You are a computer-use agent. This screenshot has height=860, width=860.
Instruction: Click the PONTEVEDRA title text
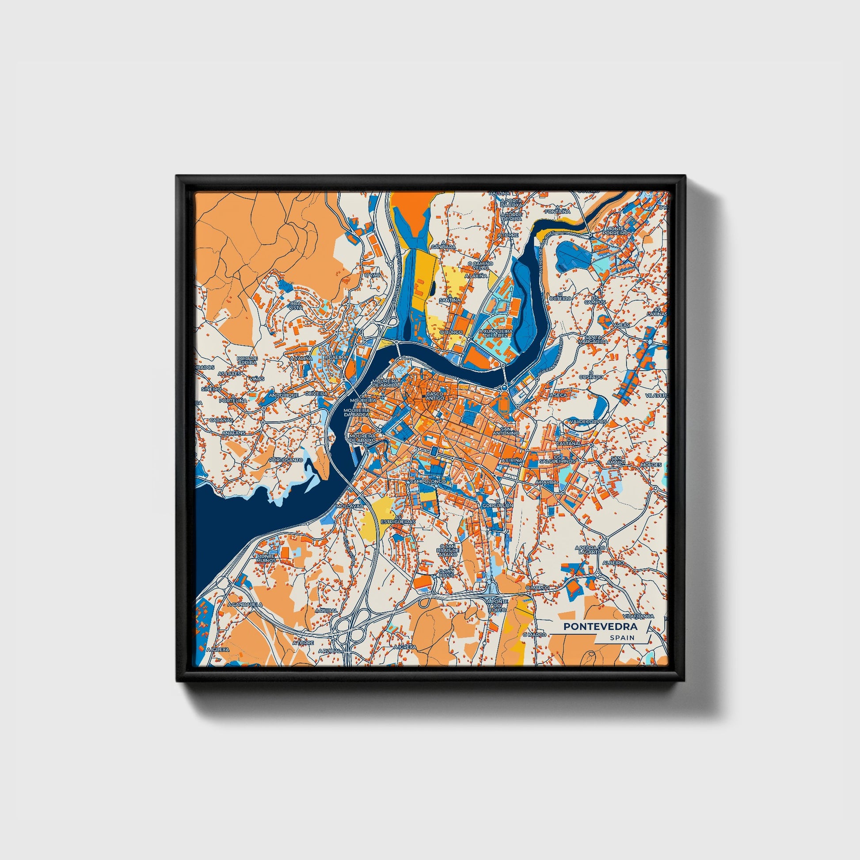[600, 626]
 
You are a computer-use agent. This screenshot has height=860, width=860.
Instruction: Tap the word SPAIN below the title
[622, 638]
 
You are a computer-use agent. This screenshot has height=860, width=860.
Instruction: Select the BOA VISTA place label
[295, 305]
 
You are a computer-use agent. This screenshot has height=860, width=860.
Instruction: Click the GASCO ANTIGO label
[434, 396]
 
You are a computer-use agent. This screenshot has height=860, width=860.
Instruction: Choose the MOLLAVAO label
[350, 506]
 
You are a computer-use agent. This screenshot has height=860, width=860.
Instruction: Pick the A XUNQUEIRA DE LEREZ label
[496, 333]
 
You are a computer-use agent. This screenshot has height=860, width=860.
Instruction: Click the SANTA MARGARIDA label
[597, 339]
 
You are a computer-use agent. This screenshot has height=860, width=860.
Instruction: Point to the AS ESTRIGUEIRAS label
[397, 521]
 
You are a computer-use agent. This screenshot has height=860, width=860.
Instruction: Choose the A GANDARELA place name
[245, 605]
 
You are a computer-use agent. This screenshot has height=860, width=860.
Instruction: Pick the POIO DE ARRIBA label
[247, 361]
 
